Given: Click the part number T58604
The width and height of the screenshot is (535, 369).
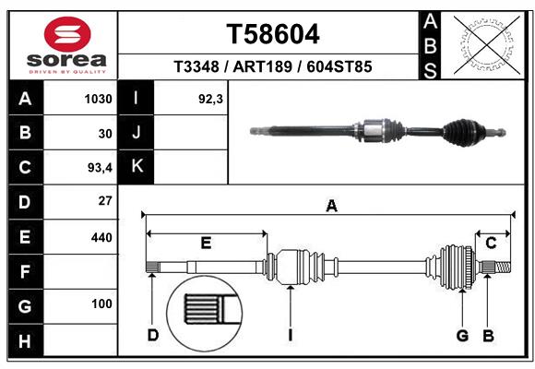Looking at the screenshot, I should tap(273, 35).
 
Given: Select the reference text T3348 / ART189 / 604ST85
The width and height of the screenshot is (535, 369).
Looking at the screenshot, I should tap(273, 67).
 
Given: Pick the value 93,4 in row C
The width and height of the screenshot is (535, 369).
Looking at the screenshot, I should tap(98, 168).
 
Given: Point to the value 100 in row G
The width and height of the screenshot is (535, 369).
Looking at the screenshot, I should tap(101, 304).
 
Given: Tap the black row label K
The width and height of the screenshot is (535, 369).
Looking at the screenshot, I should tap(137, 167).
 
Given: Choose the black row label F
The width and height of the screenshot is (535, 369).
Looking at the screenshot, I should tap(25, 271).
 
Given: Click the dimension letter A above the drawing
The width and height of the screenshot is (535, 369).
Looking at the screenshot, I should tap(331, 208).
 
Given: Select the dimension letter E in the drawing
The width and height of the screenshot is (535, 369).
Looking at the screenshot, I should tap(206, 243).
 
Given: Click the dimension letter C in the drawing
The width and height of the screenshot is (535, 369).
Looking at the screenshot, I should tap(492, 243).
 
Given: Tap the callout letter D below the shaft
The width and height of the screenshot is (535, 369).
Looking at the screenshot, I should tap(153, 335).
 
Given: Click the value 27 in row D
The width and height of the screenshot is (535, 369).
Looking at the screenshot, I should tap(104, 201).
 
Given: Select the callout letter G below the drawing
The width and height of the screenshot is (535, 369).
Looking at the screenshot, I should tap(463, 335).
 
